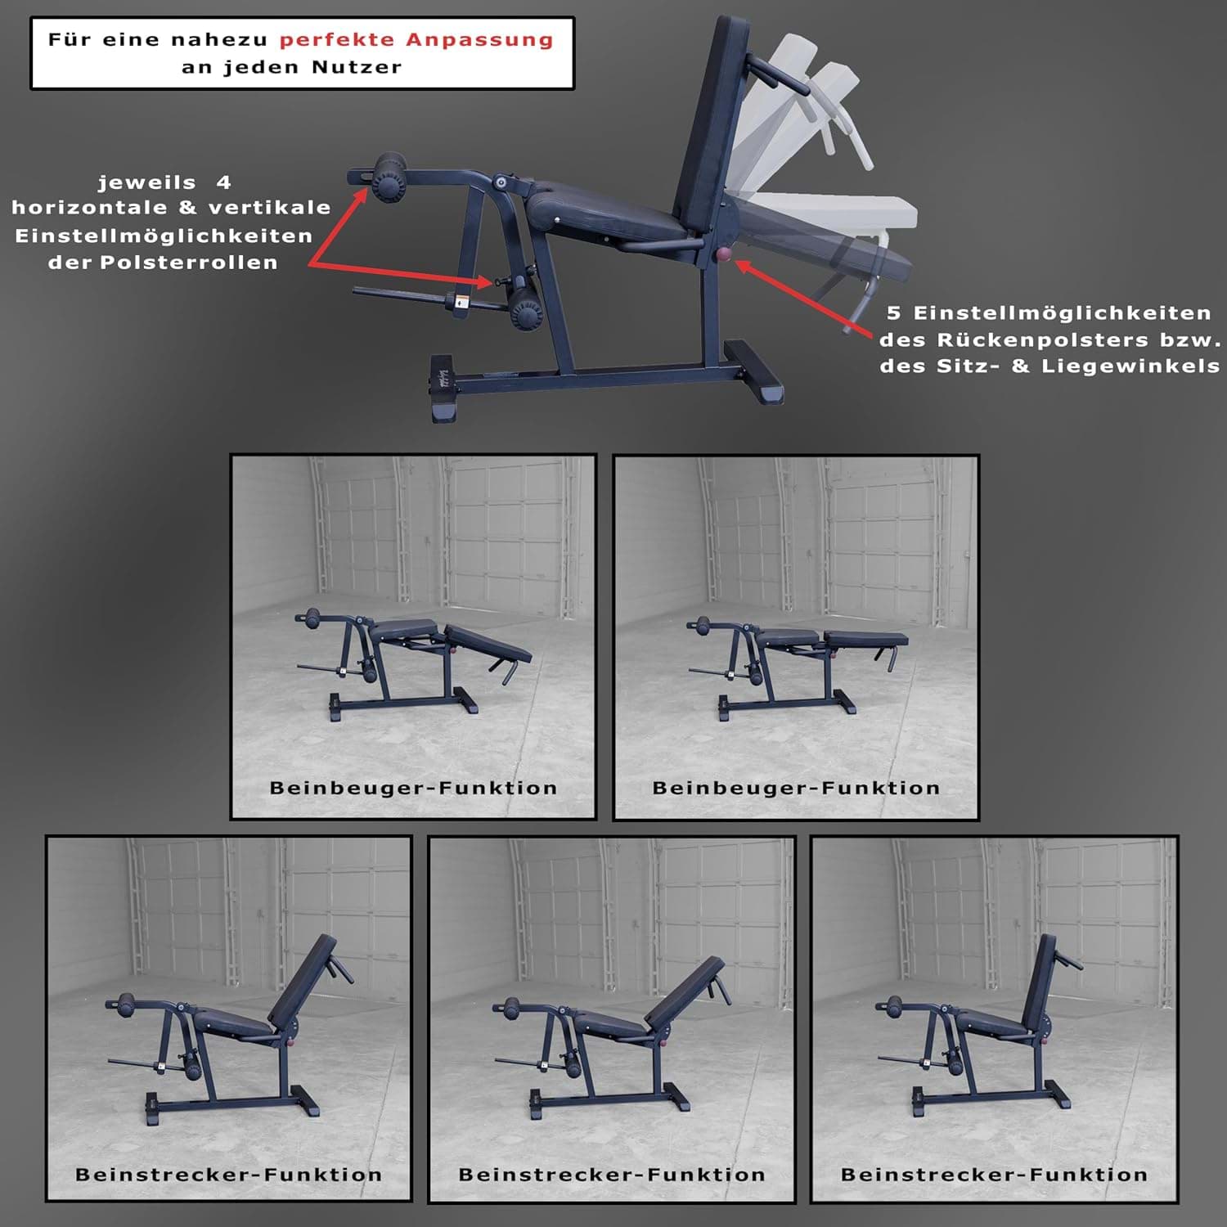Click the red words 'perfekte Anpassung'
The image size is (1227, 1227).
(416, 39)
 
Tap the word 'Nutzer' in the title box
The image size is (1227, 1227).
(357, 67)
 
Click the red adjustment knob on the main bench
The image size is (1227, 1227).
(724, 255)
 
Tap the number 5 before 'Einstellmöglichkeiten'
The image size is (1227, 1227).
(893, 312)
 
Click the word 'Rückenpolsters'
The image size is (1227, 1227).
(1039, 339)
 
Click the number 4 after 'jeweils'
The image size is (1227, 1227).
(223, 182)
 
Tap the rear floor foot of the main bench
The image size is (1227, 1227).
(756, 372)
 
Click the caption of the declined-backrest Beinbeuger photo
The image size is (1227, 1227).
(413, 788)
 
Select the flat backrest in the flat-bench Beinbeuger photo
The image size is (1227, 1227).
(865, 639)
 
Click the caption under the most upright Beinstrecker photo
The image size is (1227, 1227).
(994, 1175)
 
